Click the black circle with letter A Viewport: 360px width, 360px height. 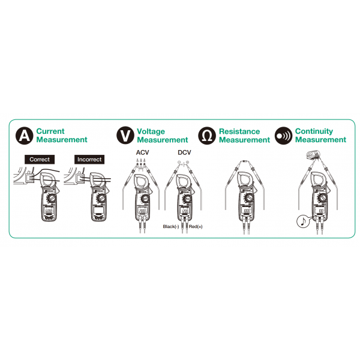pos(25,136)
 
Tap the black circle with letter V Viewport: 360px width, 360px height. pos(125,136)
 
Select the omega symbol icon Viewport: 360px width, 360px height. pos(207,136)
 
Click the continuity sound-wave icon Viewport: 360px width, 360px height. pos(284,136)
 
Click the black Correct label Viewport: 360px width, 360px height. pos(40,160)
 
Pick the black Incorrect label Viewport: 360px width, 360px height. pos(89,160)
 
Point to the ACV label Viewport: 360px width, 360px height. pos(142,152)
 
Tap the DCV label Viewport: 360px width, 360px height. pos(184,152)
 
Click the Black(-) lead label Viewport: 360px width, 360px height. pos(171,227)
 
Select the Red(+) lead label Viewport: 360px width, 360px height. pos(196,227)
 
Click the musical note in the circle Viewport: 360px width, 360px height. pos(303,221)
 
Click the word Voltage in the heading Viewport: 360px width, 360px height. pos(151,131)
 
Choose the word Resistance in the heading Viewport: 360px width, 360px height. pos(239,131)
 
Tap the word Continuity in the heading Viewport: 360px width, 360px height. pos(314,131)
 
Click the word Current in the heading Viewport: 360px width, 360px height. pos(50,131)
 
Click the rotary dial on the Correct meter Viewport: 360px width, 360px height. pos(52,198)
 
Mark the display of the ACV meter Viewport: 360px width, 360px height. pos(142,211)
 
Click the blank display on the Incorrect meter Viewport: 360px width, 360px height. pos(98,211)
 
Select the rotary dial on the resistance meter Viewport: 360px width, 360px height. pos(249,197)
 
